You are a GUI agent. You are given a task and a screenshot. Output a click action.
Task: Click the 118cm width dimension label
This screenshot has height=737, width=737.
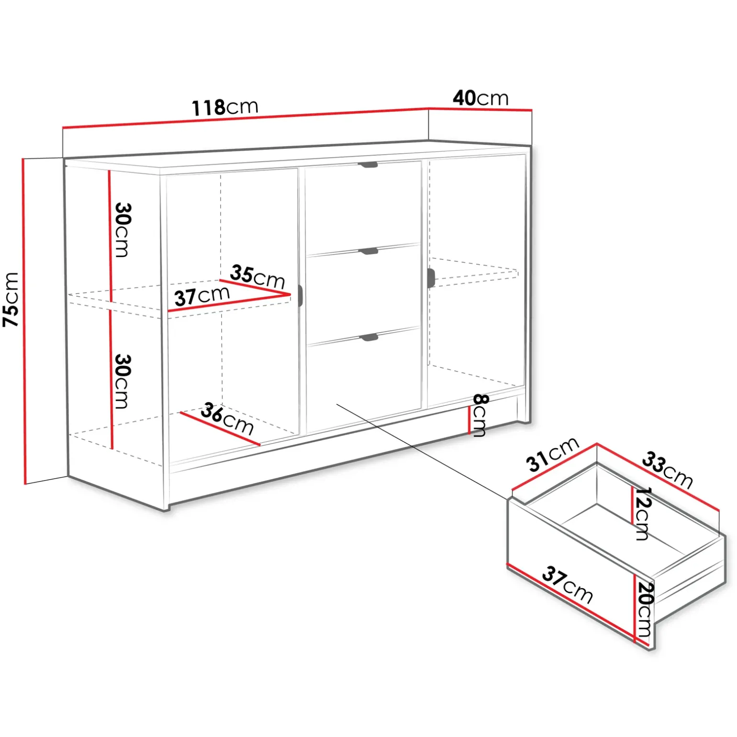click(225, 107)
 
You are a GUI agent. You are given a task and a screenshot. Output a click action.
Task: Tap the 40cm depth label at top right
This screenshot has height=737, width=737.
click(480, 98)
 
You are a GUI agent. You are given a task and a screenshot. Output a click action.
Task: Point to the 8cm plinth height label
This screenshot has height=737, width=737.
click(480, 415)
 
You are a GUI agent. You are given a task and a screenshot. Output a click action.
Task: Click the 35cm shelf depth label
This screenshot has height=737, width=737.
click(257, 276)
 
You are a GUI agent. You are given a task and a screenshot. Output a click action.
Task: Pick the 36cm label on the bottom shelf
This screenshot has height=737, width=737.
click(227, 418)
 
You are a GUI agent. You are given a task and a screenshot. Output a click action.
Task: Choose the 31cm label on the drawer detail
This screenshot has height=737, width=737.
click(553, 454)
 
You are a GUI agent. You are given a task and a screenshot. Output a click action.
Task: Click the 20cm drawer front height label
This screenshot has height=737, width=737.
click(645, 609)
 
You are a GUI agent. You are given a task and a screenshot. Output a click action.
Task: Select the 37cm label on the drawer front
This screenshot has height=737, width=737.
click(568, 584)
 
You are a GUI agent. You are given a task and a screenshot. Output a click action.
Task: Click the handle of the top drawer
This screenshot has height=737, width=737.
click(368, 165)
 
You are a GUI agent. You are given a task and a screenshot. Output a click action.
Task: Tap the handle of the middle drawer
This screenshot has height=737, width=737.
click(368, 251)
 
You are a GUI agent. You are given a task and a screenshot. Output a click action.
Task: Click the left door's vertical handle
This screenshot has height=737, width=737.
click(301, 295)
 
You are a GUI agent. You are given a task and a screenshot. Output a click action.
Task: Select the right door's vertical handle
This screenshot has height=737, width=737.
click(431, 279)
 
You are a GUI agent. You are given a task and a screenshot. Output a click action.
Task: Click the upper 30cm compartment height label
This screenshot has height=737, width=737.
click(122, 230)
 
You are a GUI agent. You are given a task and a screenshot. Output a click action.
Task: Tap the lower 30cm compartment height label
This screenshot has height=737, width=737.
click(122, 381)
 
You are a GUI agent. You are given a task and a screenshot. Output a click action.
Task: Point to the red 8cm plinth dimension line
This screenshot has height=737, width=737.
click(469, 420)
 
